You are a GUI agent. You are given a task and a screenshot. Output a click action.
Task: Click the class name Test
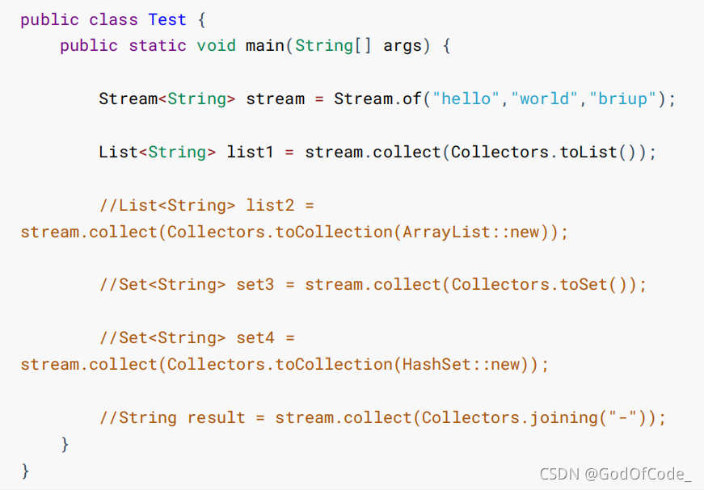coord(167,19)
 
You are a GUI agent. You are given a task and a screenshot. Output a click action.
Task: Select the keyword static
coord(158,45)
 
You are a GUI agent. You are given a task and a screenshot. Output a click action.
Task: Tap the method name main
coord(264,45)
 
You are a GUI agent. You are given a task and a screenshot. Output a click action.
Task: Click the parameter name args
coord(403,45)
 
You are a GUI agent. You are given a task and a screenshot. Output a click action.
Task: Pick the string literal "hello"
coord(467,98)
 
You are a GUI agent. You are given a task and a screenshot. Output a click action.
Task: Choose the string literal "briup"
coord(624,98)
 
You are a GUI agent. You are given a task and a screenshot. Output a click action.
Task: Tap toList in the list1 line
coord(589,152)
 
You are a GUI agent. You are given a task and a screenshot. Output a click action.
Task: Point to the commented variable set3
coord(255,284)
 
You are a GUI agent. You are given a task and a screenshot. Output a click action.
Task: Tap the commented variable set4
coord(255,337)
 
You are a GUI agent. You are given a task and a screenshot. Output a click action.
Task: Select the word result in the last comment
coord(216,417)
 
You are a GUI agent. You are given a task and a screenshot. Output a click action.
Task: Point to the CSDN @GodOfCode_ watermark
coord(615,474)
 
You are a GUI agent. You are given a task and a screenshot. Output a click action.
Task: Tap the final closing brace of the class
coord(25,470)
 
